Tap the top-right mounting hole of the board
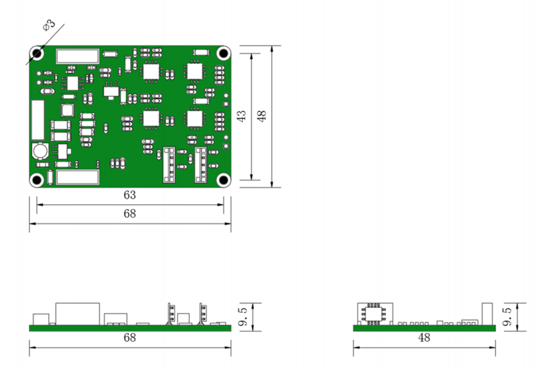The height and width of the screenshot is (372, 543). click(x=223, y=53)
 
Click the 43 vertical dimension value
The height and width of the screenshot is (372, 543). click(x=242, y=116)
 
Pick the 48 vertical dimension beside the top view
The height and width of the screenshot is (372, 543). click(x=262, y=116)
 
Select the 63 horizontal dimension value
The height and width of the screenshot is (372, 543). click(x=129, y=195)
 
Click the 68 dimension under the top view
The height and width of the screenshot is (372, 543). click(x=129, y=214)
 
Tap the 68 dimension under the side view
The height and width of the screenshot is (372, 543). click(x=129, y=338)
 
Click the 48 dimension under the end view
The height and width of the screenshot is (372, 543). click(x=424, y=338)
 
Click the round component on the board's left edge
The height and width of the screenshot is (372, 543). click(x=40, y=151)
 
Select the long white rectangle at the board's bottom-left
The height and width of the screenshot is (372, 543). click(x=77, y=178)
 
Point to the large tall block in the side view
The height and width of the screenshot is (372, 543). click(x=77, y=313)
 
